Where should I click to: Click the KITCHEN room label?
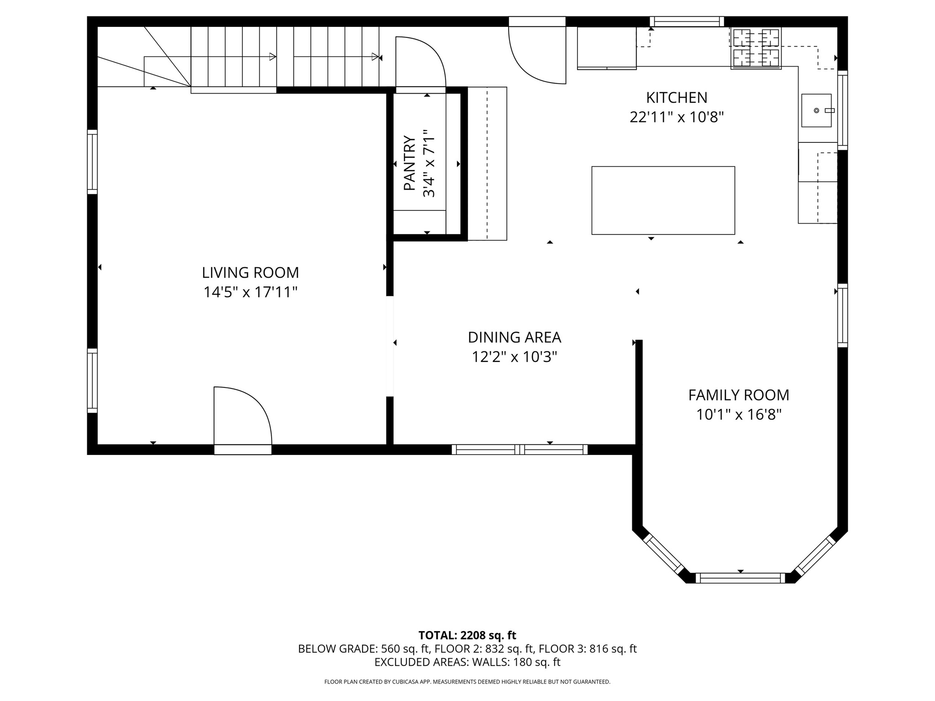(676, 98)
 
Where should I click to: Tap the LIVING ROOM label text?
(250, 272)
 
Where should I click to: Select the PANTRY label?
(410, 163)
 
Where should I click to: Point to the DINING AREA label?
(514, 337)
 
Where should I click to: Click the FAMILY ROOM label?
(738, 395)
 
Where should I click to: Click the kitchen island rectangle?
(663, 200)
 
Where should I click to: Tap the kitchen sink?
(816, 110)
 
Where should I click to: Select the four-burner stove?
(756, 48)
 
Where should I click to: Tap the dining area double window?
(520, 450)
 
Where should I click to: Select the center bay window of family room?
(740, 578)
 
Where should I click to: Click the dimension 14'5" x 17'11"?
(250, 292)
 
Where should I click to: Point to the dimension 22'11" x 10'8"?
(676, 118)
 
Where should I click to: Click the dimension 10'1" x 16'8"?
(738, 415)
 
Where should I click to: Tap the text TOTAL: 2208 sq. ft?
(467, 635)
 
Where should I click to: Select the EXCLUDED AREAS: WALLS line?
(467, 662)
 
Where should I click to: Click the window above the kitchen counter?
(687, 21)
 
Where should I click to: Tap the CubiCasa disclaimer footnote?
(467, 682)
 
